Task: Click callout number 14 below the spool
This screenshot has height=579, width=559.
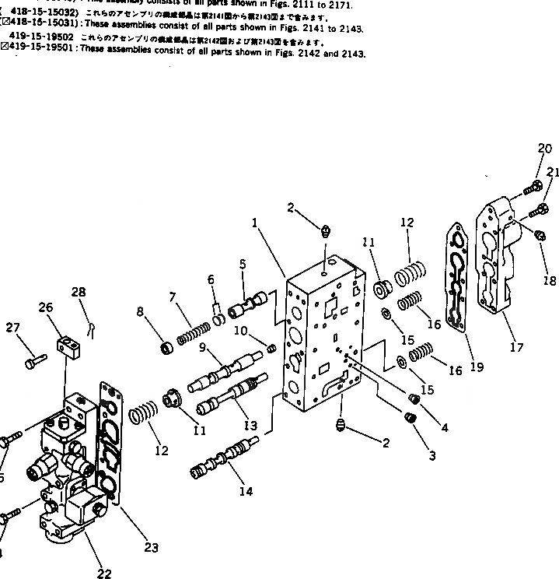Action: (x=247, y=491)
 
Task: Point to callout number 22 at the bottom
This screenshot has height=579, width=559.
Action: (x=103, y=574)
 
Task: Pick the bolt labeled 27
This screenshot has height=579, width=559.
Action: (x=37, y=360)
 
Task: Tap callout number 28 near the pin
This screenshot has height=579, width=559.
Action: (x=79, y=292)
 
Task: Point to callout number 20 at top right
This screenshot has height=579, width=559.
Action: (x=544, y=149)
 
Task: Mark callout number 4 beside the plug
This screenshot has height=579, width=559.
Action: (x=444, y=426)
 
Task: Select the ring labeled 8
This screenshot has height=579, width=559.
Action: (x=165, y=346)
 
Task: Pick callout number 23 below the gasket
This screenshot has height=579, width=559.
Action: (x=151, y=547)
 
